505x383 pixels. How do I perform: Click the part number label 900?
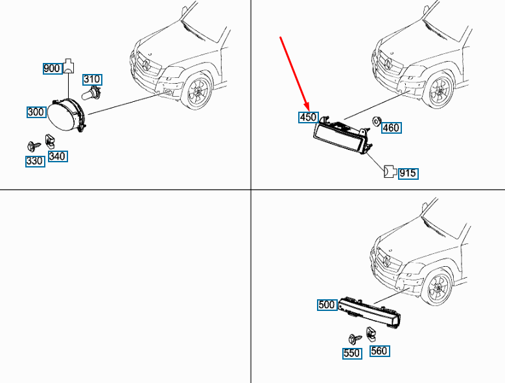[x=51, y=68]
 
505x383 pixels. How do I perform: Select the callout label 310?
[x=92, y=80]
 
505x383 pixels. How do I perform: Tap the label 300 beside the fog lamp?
[x=36, y=112]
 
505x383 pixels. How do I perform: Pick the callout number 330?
[x=35, y=160]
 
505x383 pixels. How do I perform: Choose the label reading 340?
[x=58, y=156]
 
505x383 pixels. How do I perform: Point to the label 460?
[x=391, y=127]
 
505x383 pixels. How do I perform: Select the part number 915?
[x=408, y=173]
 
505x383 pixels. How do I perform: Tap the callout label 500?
[x=327, y=304]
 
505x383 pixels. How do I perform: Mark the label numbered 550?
[x=352, y=354]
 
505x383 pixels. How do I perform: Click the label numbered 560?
[x=379, y=351]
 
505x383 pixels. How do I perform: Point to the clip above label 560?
[x=372, y=335]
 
